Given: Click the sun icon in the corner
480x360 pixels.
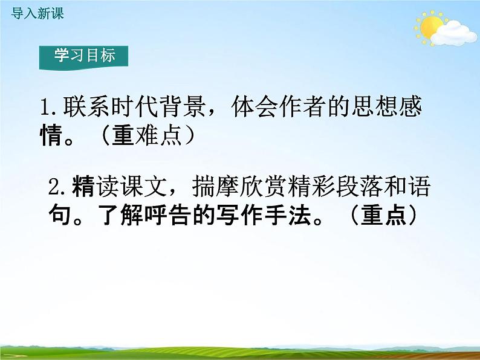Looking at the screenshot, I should coord(430,28).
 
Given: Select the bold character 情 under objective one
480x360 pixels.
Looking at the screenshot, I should coord(51,137).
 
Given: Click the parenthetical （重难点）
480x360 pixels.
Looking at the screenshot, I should coord(149,137).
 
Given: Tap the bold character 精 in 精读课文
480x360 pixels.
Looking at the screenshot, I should coord(82,188).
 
